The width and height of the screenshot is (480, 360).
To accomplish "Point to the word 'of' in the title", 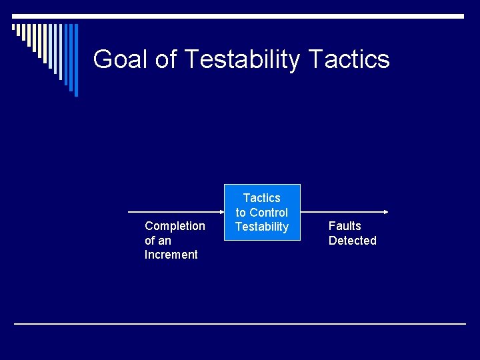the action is (166, 59).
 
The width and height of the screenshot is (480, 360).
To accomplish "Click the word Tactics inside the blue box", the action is (262, 198).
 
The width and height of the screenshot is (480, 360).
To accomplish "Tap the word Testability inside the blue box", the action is (262, 227).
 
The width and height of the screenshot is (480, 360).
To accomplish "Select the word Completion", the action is (175, 226).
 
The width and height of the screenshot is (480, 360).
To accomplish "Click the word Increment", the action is (171, 255).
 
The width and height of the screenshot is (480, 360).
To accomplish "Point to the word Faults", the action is (345, 226).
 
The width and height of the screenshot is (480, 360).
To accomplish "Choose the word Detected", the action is (353, 241).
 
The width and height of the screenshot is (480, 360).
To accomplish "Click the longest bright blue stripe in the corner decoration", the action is (75, 60).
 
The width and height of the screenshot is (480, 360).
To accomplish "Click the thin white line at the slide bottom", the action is (240, 324).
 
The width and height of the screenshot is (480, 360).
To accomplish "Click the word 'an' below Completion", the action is (165, 241).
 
